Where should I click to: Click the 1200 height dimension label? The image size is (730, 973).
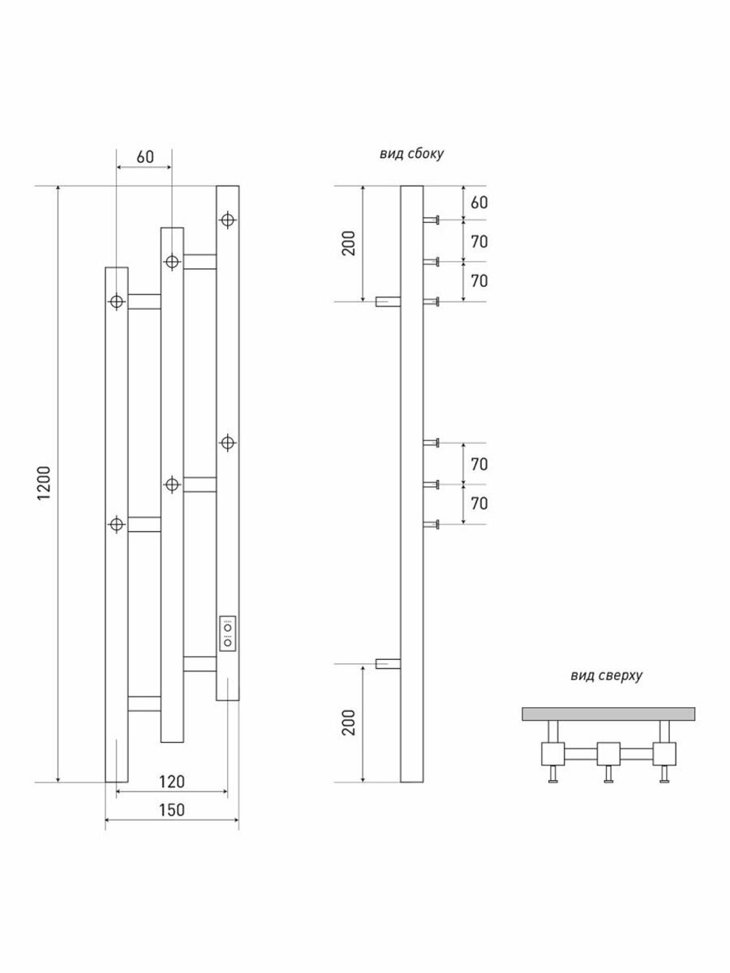(45, 484)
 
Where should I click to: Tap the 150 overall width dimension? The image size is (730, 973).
(171, 809)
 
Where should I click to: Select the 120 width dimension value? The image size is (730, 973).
(171, 782)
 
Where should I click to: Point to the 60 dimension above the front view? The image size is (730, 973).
(144, 156)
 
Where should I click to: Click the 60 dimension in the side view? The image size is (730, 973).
(479, 202)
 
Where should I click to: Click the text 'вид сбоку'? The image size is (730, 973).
(411, 153)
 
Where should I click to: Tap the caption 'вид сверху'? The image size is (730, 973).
(605, 675)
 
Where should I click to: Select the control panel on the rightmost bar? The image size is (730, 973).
(228, 633)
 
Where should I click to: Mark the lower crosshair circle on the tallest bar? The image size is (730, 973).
(228, 442)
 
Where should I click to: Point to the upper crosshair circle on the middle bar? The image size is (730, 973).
(172, 262)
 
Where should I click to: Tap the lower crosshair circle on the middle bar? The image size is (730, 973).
(172, 484)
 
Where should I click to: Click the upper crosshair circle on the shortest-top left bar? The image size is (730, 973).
(117, 302)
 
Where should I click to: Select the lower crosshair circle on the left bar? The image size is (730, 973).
(117, 525)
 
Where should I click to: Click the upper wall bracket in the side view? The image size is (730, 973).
(389, 302)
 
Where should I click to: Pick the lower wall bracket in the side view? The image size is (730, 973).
(389, 664)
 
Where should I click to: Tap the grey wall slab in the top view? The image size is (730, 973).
(608, 714)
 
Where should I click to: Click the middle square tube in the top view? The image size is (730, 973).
(608, 753)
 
